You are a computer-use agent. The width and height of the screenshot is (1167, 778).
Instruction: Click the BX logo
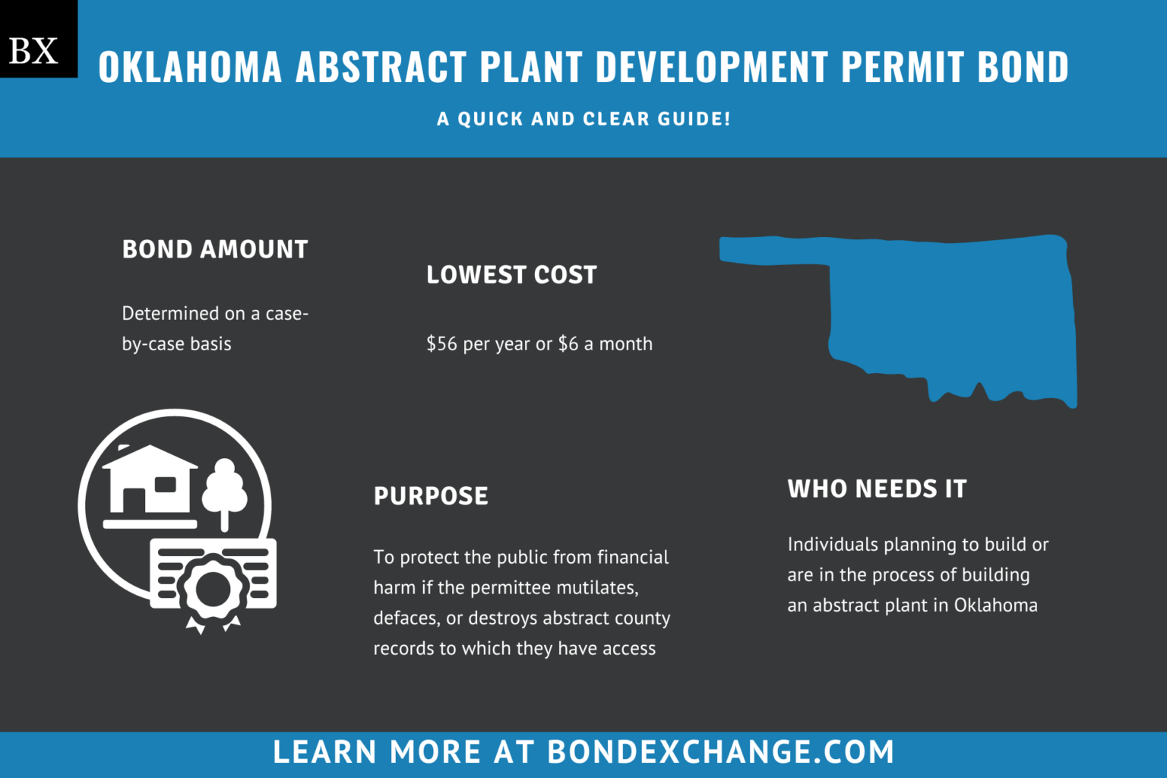point(34,50)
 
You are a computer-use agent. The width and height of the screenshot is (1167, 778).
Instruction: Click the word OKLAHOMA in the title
point(190,68)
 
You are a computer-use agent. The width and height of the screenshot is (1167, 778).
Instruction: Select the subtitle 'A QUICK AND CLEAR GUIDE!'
point(583,119)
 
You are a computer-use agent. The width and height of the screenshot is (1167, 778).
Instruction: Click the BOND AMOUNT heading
point(215,249)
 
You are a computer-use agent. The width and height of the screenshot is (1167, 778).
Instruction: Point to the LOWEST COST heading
point(511,275)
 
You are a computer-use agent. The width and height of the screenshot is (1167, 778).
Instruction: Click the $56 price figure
point(441,344)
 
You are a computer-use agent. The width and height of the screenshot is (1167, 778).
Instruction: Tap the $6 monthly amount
point(568,344)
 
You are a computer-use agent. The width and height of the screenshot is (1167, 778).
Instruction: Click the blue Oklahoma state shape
point(950,312)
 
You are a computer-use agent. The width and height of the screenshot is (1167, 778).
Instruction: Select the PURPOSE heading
point(431,496)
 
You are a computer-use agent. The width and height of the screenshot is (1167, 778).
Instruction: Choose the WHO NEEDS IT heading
point(877,489)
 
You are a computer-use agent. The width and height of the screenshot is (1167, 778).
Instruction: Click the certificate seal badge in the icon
point(213,589)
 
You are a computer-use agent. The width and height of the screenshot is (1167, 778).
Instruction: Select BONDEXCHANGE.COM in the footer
point(720,752)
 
